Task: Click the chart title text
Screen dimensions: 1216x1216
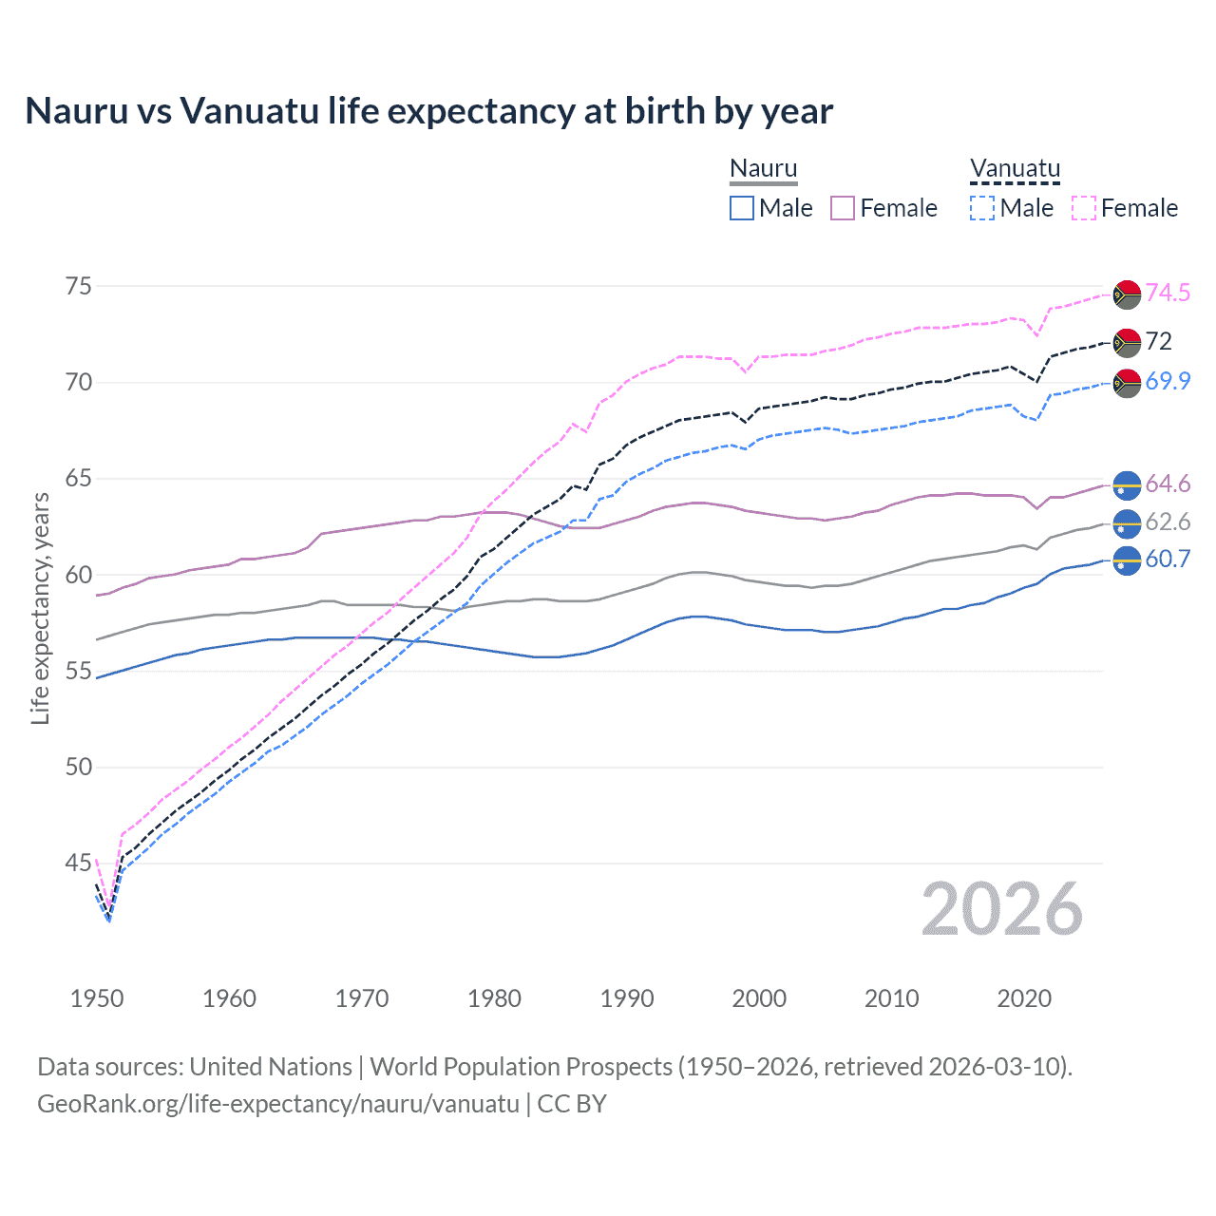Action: point(428,111)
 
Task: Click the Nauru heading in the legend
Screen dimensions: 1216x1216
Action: point(763,168)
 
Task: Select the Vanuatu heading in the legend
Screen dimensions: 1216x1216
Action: point(1015,168)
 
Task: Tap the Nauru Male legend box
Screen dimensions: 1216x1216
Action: point(742,208)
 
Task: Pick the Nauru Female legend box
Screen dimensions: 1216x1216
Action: point(843,208)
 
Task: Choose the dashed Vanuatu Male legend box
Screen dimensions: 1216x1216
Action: point(982,208)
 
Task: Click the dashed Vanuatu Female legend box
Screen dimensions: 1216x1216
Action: point(1084,208)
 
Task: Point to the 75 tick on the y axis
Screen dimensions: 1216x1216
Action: point(79,286)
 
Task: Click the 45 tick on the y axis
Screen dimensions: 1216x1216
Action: point(79,864)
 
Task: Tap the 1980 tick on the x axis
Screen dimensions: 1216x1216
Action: point(494,998)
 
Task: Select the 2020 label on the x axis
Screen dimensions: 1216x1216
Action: point(1024,998)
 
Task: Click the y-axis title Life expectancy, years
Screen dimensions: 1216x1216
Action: point(41,608)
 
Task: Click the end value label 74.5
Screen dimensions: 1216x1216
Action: point(1168,293)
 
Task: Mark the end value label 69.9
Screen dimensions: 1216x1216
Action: point(1168,381)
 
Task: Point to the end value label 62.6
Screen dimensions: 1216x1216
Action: point(1168,522)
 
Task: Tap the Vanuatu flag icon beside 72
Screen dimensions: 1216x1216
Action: point(1127,342)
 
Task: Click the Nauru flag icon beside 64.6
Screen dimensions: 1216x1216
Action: point(1127,484)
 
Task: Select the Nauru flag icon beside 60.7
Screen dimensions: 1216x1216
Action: point(1127,560)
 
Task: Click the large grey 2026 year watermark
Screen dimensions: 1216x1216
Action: point(1001,909)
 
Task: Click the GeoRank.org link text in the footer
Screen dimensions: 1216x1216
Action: point(278,1103)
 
